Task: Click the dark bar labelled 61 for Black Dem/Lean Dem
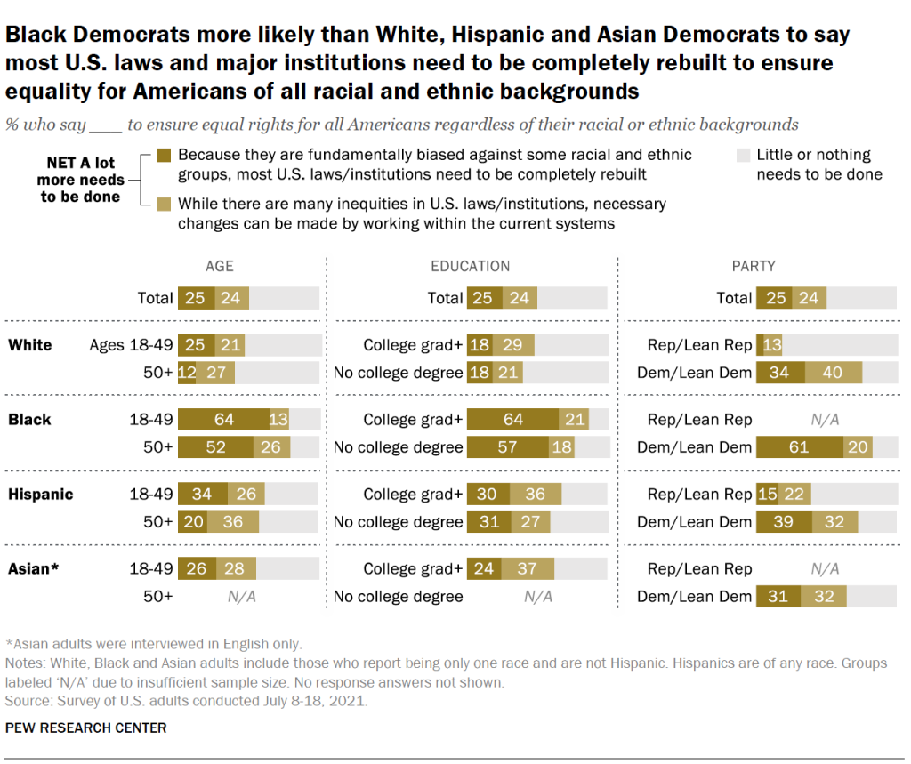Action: click(x=799, y=446)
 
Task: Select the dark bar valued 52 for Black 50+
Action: click(x=215, y=446)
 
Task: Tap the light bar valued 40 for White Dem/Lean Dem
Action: click(x=834, y=373)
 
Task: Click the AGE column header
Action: click(x=219, y=266)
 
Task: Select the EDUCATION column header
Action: click(x=471, y=266)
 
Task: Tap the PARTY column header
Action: click(x=754, y=266)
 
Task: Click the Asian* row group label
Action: click(x=34, y=567)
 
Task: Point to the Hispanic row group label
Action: click(x=40, y=494)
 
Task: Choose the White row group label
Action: click(x=30, y=345)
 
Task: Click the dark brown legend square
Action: click(x=162, y=155)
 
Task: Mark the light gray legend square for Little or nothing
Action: click(x=743, y=155)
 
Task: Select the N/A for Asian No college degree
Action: click(x=537, y=596)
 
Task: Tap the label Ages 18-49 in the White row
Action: click(x=131, y=345)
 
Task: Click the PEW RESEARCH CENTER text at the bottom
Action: click(x=85, y=728)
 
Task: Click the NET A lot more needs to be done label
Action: click(x=80, y=181)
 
